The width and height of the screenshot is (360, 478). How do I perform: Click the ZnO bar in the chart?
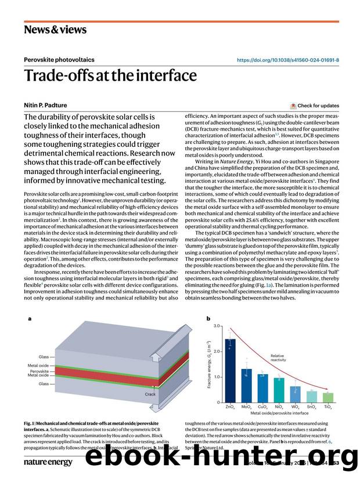(231, 371)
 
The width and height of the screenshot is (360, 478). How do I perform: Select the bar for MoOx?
(247, 386)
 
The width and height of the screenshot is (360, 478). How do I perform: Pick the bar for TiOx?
(329, 397)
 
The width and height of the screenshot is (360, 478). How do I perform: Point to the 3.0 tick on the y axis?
(217, 326)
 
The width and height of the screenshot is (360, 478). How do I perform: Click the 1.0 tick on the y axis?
(217, 377)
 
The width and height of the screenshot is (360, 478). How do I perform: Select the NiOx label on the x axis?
(279, 408)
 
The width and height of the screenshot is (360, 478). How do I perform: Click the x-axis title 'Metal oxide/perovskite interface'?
(279, 414)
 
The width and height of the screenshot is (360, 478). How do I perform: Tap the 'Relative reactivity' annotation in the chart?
(278, 358)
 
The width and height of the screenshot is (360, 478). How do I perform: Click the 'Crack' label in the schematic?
(150, 394)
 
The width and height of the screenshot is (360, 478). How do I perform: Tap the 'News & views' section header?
(55, 29)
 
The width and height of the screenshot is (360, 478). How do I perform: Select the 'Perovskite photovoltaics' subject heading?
(59, 60)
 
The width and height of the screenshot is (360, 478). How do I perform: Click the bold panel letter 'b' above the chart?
(208, 318)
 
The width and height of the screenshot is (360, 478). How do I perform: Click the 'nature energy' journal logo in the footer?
(48, 462)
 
